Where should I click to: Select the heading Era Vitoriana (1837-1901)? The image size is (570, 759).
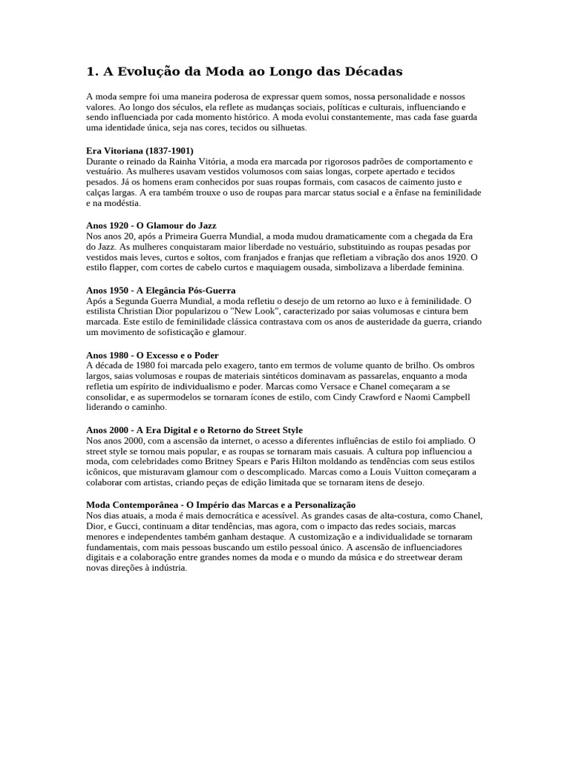point(140,150)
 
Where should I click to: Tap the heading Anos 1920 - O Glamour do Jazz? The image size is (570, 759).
point(151,225)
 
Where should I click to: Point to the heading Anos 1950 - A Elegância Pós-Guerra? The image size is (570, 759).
point(161,291)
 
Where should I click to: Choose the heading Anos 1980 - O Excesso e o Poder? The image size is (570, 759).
point(152,355)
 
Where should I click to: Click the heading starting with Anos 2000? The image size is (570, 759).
point(194,430)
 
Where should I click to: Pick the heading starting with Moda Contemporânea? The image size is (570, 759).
point(221,505)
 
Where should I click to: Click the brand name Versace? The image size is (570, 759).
point(291,386)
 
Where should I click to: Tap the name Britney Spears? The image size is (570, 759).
point(242,461)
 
